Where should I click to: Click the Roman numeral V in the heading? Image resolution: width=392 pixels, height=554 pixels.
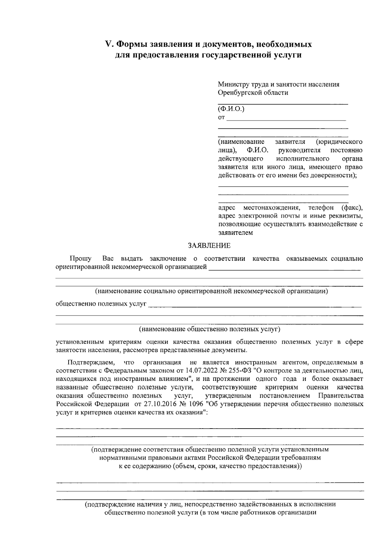(108, 44)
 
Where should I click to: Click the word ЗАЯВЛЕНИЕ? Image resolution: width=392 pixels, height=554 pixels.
(209, 246)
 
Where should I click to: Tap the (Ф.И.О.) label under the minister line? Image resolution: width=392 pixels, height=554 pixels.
(231, 109)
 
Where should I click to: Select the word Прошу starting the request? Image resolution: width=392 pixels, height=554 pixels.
(80, 259)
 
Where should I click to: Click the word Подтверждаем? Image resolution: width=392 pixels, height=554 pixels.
(91, 363)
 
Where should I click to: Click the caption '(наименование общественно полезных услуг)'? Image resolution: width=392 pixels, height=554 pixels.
(209, 329)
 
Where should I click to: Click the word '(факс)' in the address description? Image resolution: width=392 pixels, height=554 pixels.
(351, 208)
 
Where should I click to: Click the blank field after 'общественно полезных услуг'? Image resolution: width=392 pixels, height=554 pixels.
(255, 305)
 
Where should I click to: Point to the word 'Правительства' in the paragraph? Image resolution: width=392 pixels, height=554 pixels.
(341, 396)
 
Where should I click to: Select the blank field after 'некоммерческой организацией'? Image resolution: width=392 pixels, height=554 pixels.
(284, 269)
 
